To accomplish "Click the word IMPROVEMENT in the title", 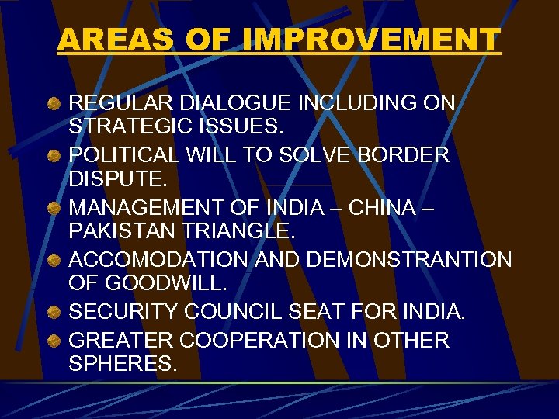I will [x=372, y=40].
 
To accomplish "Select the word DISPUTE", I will [x=118, y=180].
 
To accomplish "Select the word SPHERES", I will [x=123, y=364].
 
